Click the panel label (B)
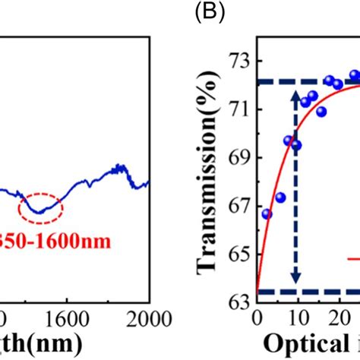coord(206,13)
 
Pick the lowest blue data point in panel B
coord(267,214)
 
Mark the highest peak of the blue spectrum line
coord(119,166)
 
